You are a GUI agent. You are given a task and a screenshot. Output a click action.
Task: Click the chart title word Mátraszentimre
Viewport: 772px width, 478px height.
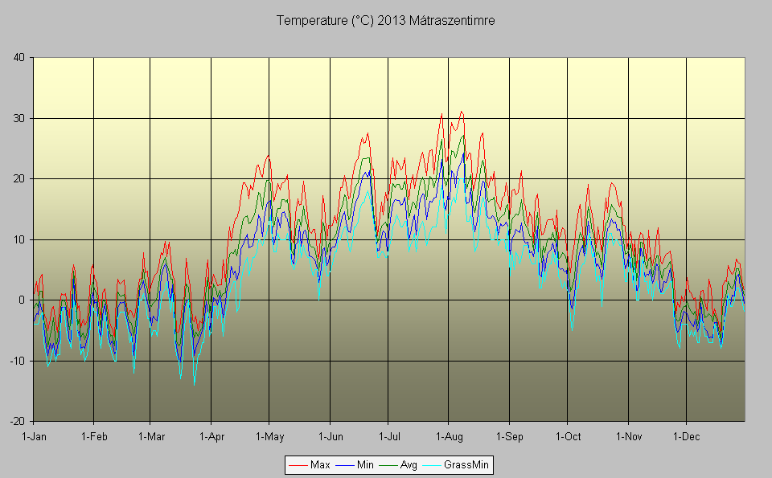click(x=451, y=20)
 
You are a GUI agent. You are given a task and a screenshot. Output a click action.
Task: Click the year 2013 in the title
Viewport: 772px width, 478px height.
click(x=392, y=20)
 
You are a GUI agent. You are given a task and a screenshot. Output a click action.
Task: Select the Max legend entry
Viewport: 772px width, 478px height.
click(x=319, y=464)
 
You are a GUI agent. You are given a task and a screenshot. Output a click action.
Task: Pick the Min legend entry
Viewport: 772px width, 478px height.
click(x=364, y=464)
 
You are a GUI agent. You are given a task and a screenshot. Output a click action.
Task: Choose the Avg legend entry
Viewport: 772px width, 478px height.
click(x=409, y=464)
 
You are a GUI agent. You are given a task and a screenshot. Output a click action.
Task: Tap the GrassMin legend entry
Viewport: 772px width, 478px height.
click(x=466, y=464)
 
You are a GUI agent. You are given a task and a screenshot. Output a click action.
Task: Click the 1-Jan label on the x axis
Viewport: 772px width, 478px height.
click(x=33, y=437)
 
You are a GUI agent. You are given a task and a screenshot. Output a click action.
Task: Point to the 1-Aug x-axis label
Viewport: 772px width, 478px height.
click(x=448, y=437)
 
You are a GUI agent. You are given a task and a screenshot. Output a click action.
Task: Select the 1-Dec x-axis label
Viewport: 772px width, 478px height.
click(x=686, y=437)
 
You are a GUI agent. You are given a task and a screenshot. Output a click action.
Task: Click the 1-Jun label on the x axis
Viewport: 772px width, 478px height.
click(x=330, y=437)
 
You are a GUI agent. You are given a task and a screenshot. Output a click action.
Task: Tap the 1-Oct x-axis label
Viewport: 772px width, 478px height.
click(x=567, y=437)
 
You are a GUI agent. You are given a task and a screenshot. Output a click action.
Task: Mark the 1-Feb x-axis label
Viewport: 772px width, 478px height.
click(x=93, y=437)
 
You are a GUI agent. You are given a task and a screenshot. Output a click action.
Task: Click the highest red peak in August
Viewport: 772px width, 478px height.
click(x=461, y=112)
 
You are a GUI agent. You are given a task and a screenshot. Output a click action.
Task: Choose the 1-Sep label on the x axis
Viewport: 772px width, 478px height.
click(x=508, y=437)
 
